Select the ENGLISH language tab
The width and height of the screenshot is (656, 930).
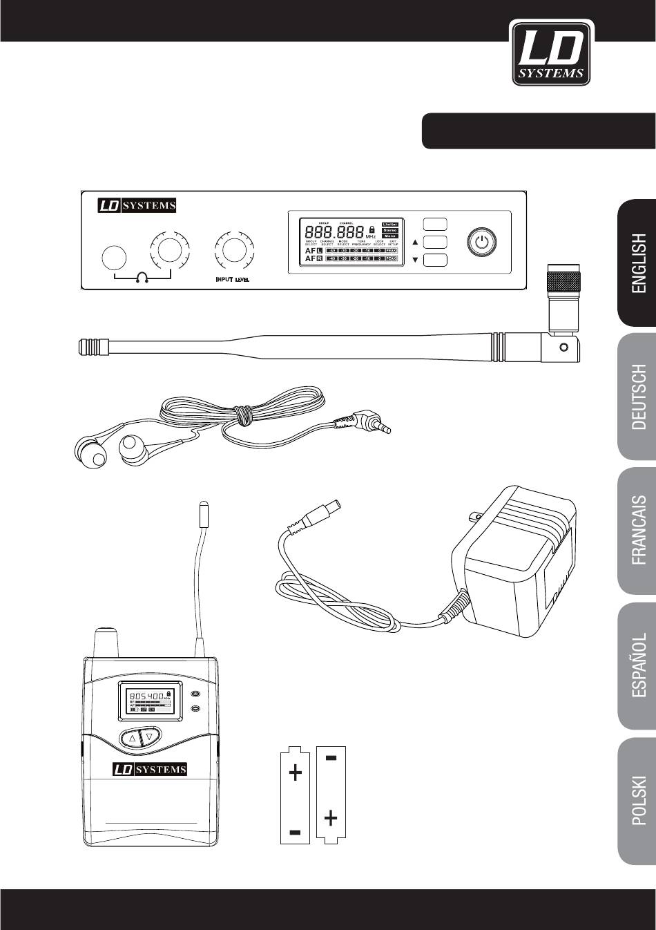(635, 263)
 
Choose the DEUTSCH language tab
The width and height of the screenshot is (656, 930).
(635, 397)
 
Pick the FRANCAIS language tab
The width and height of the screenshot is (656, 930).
(635, 531)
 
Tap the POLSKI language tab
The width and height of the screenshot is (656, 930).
(635, 801)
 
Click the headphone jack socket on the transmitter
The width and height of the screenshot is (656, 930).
(114, 258)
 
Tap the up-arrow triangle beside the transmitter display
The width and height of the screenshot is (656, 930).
(415, 242)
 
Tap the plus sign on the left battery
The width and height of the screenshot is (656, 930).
(296, 772)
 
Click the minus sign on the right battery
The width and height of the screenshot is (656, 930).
(331, 759)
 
